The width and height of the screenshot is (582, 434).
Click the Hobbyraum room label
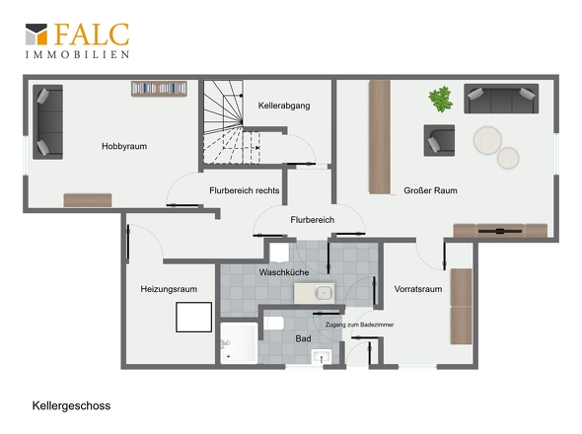124,146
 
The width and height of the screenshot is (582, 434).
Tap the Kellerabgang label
284,106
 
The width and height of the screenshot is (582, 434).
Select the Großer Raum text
430,190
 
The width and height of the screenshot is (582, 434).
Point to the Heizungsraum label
169,289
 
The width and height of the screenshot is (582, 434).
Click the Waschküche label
284,272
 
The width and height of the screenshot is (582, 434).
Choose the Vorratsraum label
418,289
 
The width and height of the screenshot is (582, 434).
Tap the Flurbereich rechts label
245,190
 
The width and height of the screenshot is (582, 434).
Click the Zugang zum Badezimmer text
359,325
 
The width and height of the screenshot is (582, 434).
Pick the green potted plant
441,99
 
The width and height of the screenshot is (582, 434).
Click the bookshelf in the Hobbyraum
159,89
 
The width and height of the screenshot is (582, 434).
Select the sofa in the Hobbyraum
47,122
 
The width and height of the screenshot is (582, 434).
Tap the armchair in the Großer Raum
439,140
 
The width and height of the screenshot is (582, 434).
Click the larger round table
487,140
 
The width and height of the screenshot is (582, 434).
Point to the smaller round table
508,158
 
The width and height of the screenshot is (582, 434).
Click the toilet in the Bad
274,323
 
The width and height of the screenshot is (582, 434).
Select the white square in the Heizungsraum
193,317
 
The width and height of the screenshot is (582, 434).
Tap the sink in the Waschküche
315,293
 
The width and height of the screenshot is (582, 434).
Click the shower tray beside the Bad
239,342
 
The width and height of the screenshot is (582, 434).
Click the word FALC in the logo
92,35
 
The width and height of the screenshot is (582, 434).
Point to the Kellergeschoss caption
71,405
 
